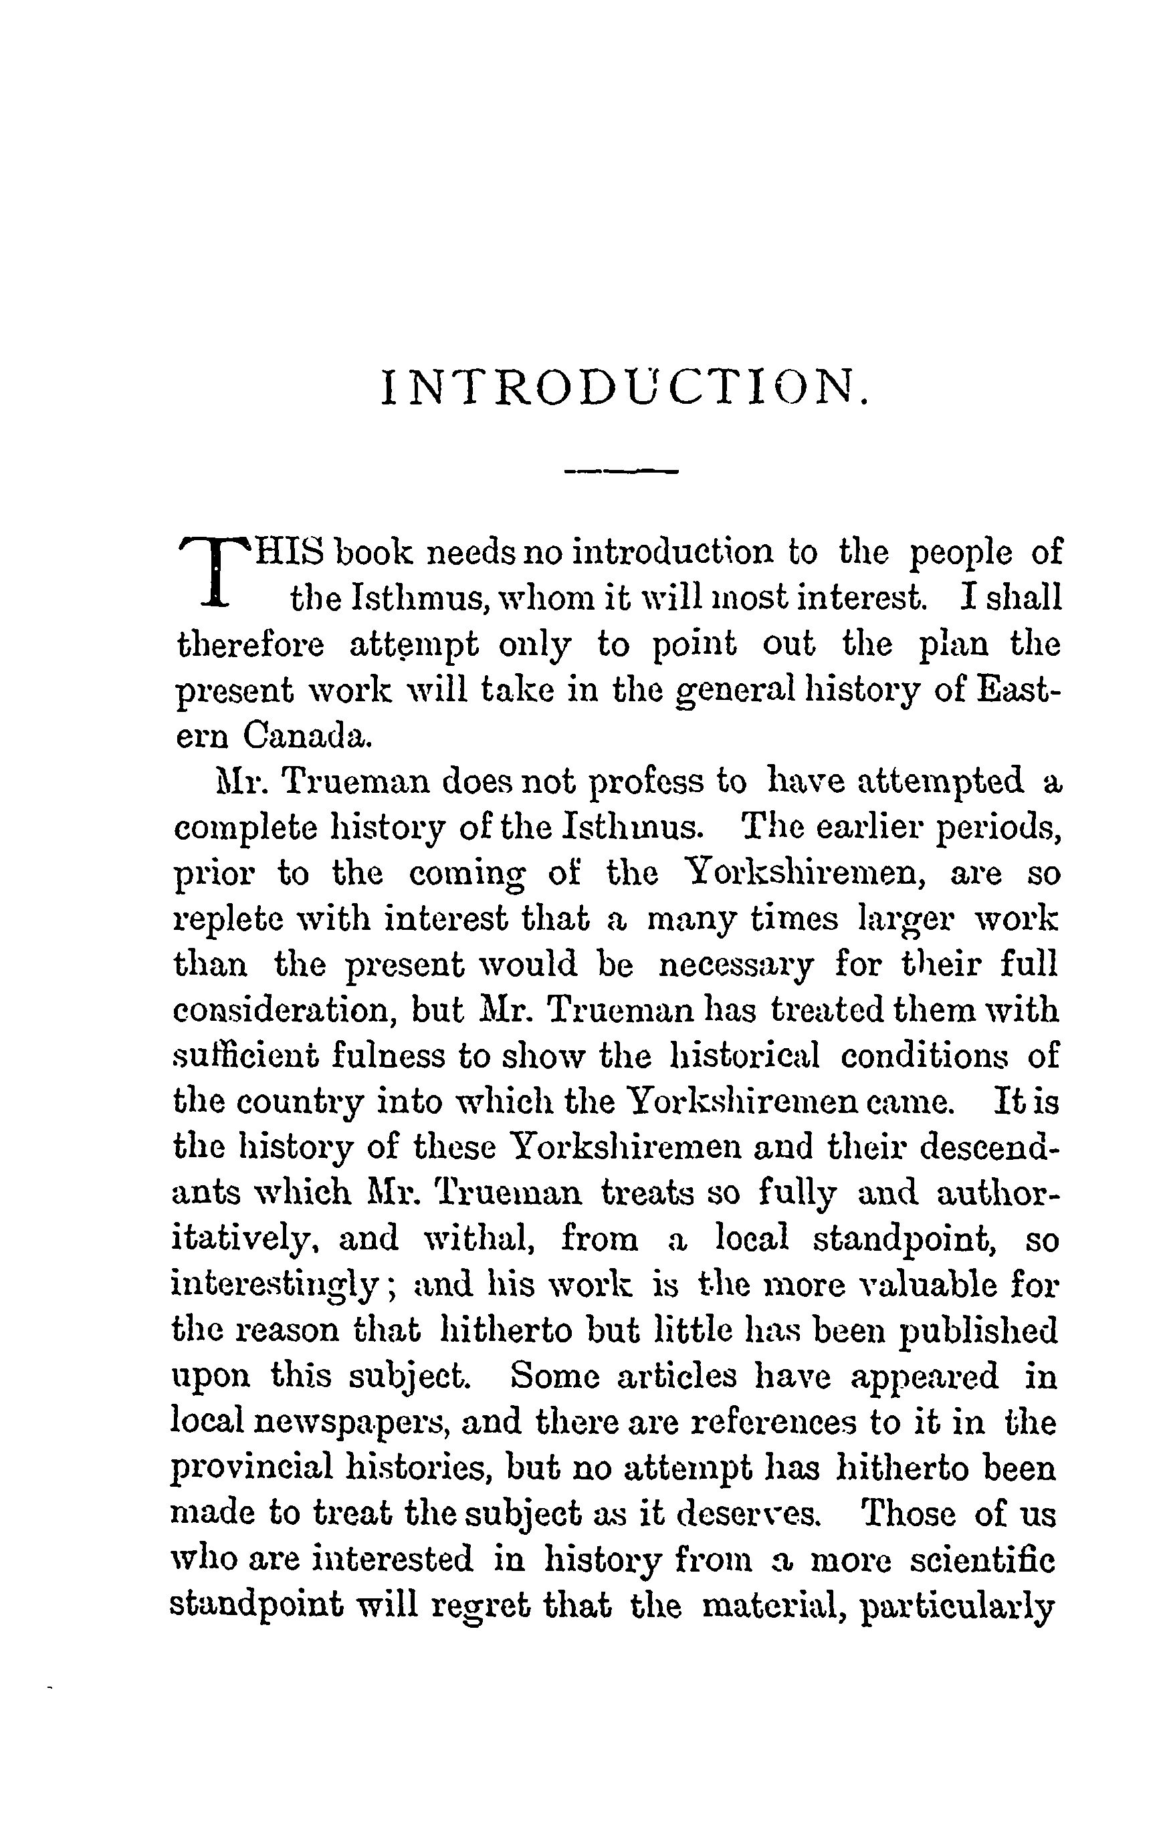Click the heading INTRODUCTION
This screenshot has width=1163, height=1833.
(x=624, y=388)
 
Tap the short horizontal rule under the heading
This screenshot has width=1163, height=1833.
(x=621, y=473)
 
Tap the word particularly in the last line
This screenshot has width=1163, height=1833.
(x=958, y=1608)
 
